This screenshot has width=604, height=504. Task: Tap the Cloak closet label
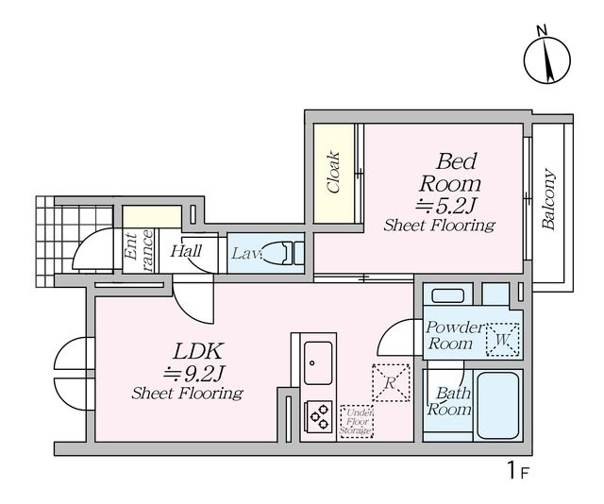point(333,172)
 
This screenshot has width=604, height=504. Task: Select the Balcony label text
point(548,199)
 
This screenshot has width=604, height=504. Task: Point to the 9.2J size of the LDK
point(193,373)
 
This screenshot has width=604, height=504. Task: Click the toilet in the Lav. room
point(283,253)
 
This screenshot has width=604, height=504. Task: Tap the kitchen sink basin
point(318,363)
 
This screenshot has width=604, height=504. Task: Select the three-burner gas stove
point(319,416)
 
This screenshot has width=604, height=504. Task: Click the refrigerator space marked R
point(391,383)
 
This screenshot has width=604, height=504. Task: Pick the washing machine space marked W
point(502,340)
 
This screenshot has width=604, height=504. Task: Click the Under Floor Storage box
point(357,421)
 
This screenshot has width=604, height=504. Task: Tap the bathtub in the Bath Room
point(498,405)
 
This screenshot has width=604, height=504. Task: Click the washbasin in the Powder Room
point(447,296)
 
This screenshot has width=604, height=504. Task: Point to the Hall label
point(186,251)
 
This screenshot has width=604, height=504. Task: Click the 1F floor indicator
point(518,470)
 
